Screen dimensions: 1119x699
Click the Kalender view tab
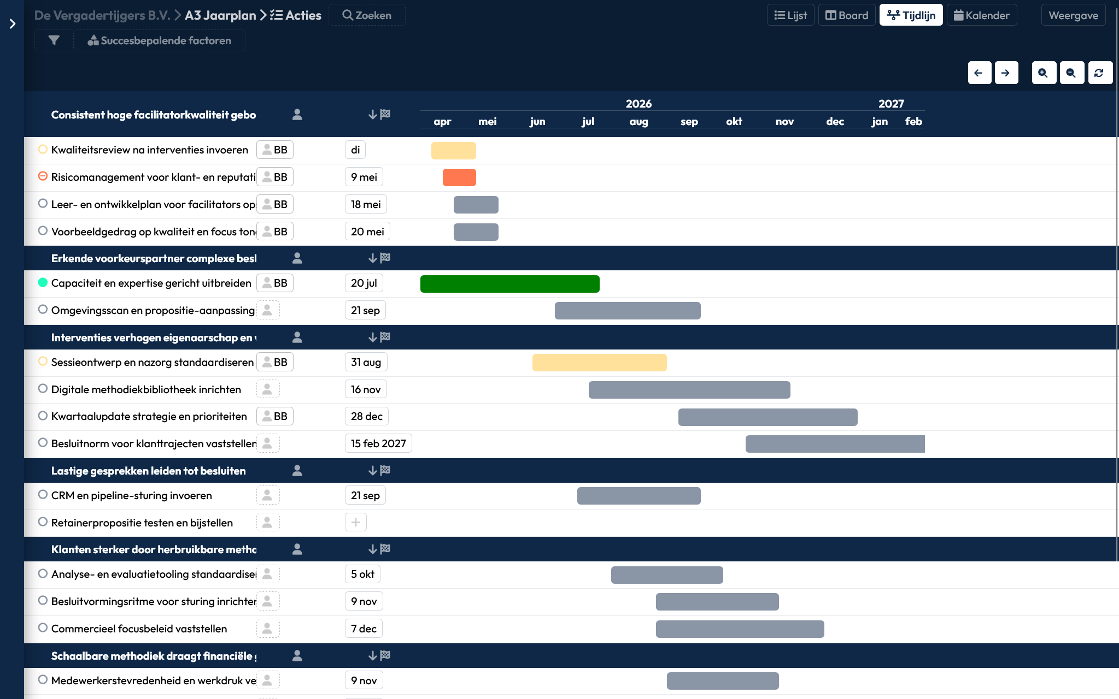coord(982,15)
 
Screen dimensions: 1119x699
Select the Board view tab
coord(847,15)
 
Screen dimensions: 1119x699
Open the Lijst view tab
coord(790,15)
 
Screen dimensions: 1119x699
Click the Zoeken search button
coord(367,15)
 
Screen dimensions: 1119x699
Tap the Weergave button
coord(1073,15)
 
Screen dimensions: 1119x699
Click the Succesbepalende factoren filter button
coord(159,40)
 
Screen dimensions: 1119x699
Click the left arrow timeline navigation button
coord(979,73)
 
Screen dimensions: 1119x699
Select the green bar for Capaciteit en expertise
coord(509,284)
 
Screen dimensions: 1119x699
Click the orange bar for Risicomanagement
coord(459,177)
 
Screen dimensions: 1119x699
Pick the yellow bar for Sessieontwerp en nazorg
coord(599,363)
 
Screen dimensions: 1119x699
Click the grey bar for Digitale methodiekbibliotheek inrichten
coord(689,390)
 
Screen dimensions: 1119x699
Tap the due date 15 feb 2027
coord(378,443)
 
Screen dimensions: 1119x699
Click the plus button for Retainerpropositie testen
coord(356,523)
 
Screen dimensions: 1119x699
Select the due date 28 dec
coord(366,416)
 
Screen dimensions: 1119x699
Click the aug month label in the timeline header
coord(638,121)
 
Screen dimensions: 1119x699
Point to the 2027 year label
coord(891,103)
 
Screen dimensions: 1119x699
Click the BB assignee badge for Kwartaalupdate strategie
coord(275,416)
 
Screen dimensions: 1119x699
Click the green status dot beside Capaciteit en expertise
coord(43,282)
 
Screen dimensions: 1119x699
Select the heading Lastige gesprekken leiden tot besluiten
coord(148,471)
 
